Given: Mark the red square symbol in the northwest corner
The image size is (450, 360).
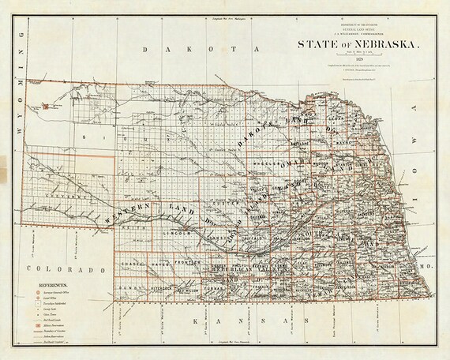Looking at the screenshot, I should coord(46,104).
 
